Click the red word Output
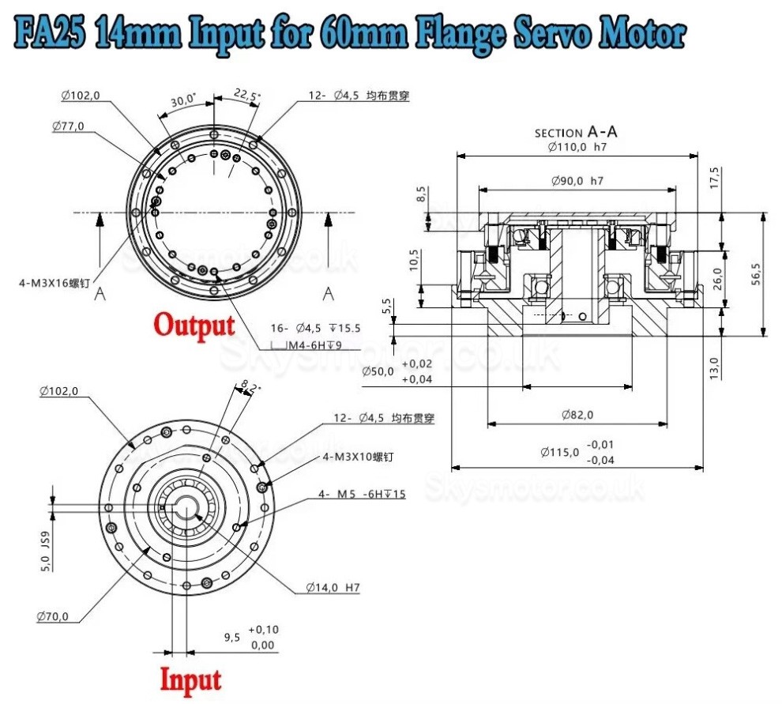tap(194, 325)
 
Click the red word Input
tap(190, 679)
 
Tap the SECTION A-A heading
tap(576, 133)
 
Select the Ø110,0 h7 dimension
tap(576, 146)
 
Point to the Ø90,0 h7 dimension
tap(577, 181)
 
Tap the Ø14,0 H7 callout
tap(333, 588)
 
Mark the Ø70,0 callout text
tap(52, 616)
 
